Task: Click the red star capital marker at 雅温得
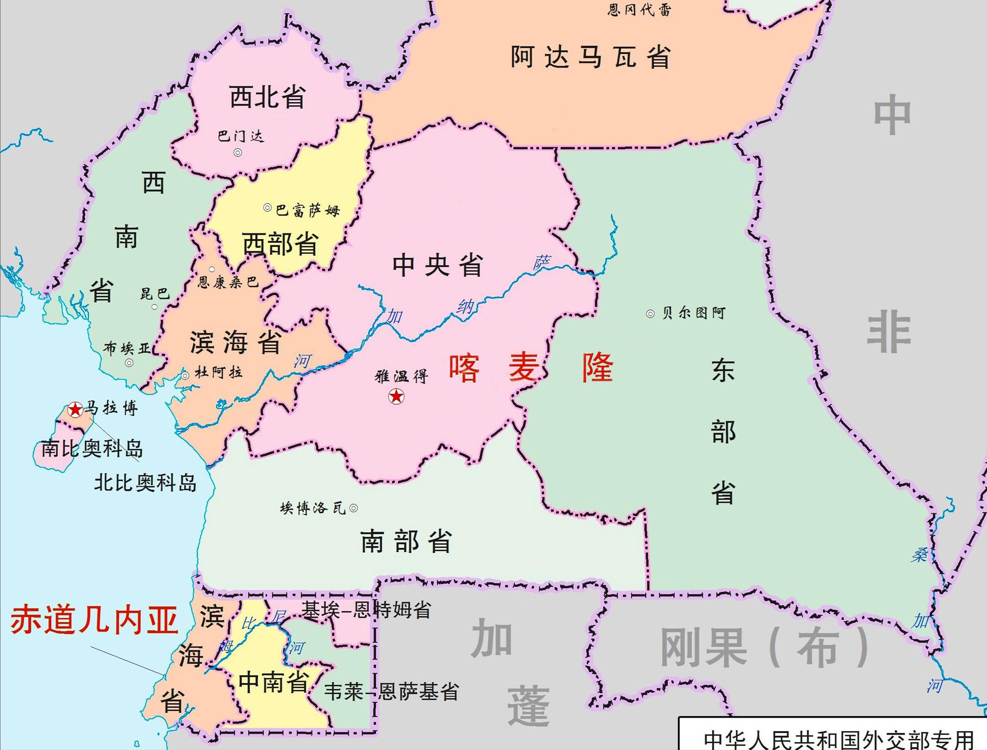pos(396,396)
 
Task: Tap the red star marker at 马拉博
pos(75,410)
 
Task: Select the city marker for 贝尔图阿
pos(650,314)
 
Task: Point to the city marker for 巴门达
pos(238,153)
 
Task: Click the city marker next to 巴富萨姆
pos(267,208)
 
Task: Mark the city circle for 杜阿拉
pos(185,375)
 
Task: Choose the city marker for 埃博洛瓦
pos(353,508)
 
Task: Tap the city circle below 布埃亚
pos(129,363)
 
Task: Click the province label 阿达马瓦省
pos(591,57)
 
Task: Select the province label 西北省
pos(267,97)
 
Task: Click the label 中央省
pos(438,265)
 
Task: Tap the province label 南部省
pos(406,541)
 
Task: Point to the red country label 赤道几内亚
pos(94,620)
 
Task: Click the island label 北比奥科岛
pos(146,482)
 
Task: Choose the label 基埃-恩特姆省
pos(366,610)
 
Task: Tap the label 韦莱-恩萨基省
pos(391,692)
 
